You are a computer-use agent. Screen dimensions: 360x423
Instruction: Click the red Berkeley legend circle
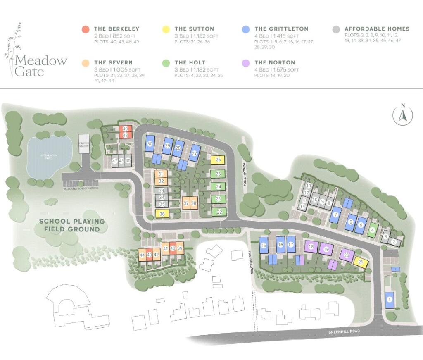pyautogui.click(x=86, y=29)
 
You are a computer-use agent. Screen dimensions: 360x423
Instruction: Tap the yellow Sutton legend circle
pyautogui.click(x=166, y=29)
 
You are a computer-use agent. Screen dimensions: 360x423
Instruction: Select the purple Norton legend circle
pyautogui.click(x=246, y=63)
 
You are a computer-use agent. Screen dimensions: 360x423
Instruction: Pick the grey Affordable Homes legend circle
pyautogui.click(x=336, y=29)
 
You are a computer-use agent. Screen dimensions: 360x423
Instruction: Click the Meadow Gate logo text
pyautogui.click(x=40, y=66)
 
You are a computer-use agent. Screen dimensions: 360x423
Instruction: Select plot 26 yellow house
pyautogui.click(x=218, y=160)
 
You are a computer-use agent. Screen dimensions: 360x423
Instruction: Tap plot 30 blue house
pyautogui.click(x=150, y=144)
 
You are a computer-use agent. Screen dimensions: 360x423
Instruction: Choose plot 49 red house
pyautogui.click(x=125, y=129)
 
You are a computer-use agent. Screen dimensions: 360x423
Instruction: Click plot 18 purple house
pyautogui.click(x=311, y=247)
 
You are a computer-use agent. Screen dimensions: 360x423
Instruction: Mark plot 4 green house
pyautogui.click(x=373, y=230)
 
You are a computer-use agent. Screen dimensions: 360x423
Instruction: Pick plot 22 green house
pyautogui.click(x=219, y=212)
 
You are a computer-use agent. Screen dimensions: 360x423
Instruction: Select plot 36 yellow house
pyautogui.click(x=162, y=214)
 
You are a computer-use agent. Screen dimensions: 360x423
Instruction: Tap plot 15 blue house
pyautogui.click(x=264, y=246)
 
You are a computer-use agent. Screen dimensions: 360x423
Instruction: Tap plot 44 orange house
pyautogui.click(x=142, y=255)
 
